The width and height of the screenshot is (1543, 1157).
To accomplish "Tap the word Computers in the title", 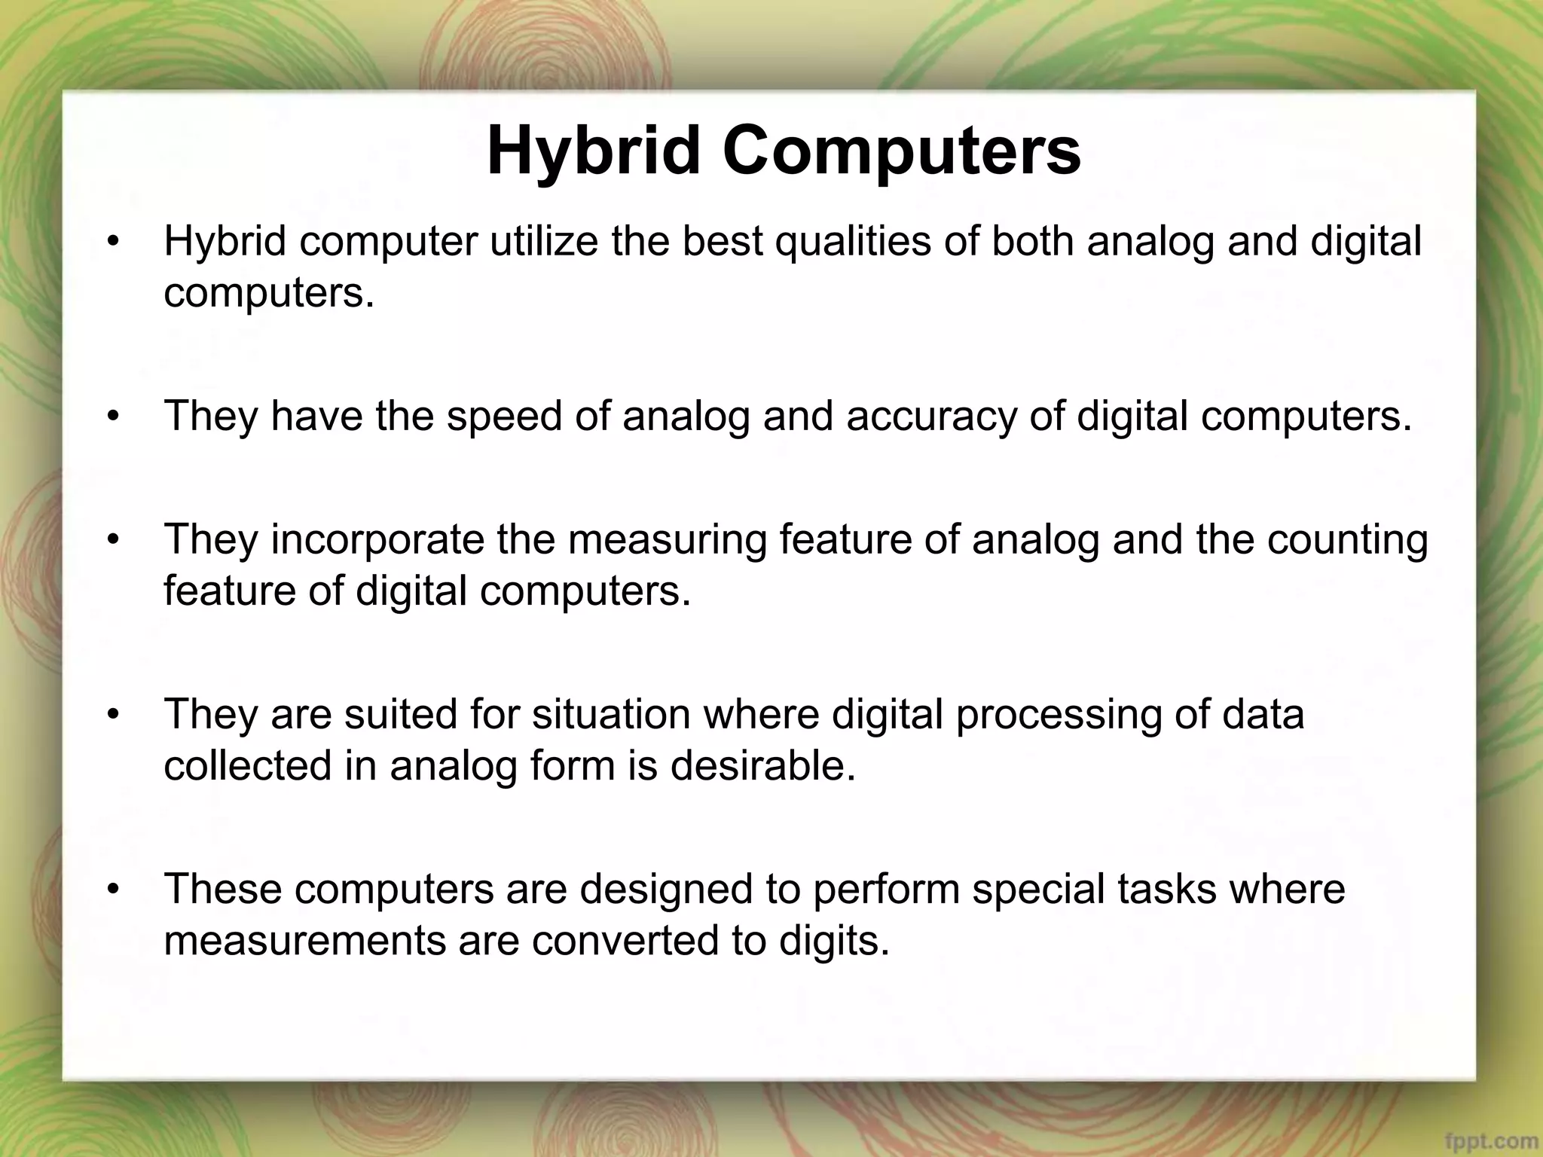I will [902, 151].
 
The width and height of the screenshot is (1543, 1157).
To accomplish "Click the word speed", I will [504, 415].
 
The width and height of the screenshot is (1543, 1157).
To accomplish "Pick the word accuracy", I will [931, 417].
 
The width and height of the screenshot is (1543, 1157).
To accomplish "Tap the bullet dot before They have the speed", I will [113, 417].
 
